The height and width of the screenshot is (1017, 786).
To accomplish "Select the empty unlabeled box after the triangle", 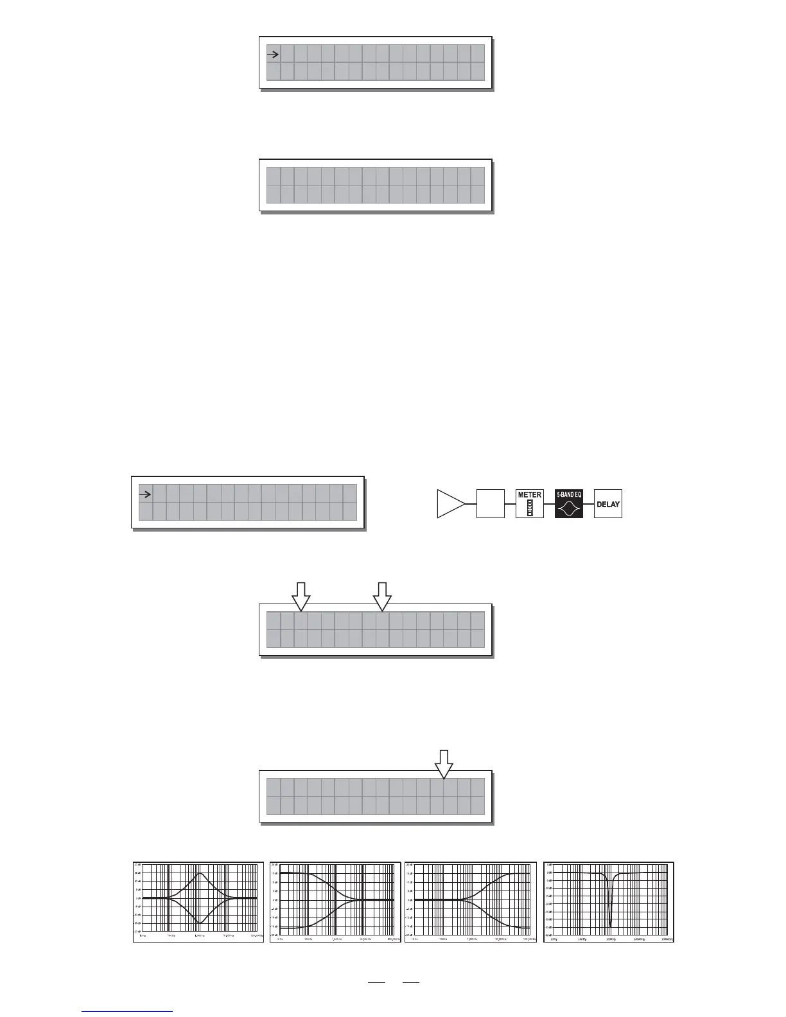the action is click(490, 504).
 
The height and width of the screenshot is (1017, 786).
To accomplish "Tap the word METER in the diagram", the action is click(530, 495).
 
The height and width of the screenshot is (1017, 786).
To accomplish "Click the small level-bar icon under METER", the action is click(530, 509).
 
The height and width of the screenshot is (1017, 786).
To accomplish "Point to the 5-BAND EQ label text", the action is click(569, 495).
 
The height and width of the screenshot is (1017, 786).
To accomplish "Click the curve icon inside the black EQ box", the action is click(569, 509).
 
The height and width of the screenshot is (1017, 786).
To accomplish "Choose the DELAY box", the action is click(608, 504).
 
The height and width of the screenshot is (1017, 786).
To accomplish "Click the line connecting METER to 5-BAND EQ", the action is click(550, 504).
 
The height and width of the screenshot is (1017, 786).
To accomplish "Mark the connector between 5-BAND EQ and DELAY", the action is click(589, 504).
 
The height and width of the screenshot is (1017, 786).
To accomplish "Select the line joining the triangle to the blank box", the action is click(470, 504).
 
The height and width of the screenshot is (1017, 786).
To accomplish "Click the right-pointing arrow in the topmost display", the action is click(273, 55).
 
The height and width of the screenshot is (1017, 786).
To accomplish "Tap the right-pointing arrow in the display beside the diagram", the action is click(145, 494).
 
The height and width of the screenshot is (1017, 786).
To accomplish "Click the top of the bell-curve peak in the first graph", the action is click(200, 873).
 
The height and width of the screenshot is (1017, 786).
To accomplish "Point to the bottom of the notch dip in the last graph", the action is click(610, 925).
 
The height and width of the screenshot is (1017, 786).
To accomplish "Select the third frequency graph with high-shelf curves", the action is click(471, 902).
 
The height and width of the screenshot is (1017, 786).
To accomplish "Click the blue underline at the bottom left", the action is click(128, 1011).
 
